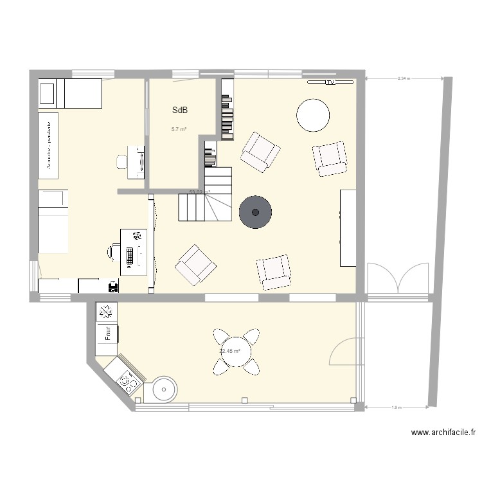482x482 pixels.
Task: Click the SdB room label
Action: tap(180, 111)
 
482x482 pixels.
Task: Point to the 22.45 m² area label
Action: tap(229, 352)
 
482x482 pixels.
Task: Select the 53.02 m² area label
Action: tap(199, 192)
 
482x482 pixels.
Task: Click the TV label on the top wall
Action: tap(330, 83)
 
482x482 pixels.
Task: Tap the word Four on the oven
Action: tap(108, 333)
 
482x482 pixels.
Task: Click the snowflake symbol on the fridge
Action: tap(106, 312)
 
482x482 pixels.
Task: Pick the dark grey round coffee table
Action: tap(255, 212)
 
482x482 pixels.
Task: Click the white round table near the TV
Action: tap(314, 114)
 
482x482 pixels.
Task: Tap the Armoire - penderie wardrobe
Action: tap(48, 145)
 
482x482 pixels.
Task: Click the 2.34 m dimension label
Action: tap(404, 78)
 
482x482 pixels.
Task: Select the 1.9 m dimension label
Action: tap(397, 407)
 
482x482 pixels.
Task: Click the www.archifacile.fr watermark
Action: tap(443, 433)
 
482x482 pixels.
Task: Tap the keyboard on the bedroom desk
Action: tap(130, 256)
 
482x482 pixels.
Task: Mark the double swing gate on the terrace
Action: tap(398, 278)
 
